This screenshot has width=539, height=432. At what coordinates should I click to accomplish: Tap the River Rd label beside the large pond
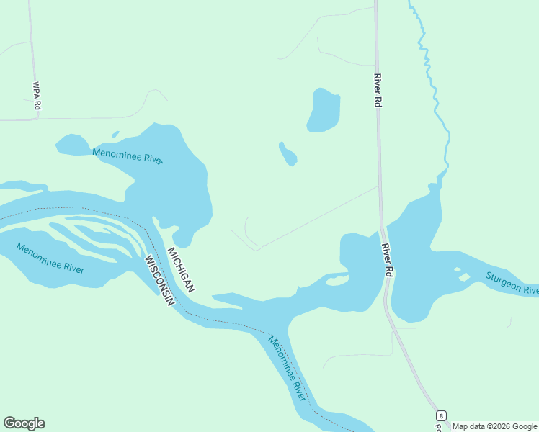[x=377, y=90]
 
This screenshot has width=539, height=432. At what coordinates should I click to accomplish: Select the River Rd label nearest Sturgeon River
[x=387, y=260]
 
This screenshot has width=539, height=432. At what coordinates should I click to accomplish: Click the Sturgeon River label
[x=512, y=283]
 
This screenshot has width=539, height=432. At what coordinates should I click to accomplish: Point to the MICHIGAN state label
[x=181, y=269]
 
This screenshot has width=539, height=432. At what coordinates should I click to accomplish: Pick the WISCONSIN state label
[x=159, y=281]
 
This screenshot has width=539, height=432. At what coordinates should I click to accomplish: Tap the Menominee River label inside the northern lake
[x=128, y=155]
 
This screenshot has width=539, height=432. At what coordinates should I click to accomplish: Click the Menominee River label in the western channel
[x=50, y=259]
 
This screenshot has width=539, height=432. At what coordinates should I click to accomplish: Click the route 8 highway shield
[x=440, y=416]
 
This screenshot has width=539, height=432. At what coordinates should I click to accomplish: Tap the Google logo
[x=24, y=423]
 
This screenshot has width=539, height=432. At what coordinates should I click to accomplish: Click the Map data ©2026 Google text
[x=494, y=426]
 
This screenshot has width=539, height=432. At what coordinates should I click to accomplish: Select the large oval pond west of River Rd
[x=323, y=110]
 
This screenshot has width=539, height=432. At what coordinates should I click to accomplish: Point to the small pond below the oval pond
[x=288, y=154]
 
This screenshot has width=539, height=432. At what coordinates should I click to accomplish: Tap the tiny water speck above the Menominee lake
[x=115, y=133]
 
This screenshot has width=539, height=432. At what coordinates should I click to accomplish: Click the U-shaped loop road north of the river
[x=249, y=234]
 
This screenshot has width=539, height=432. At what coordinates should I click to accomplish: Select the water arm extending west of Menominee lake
[x=72, y=145]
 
